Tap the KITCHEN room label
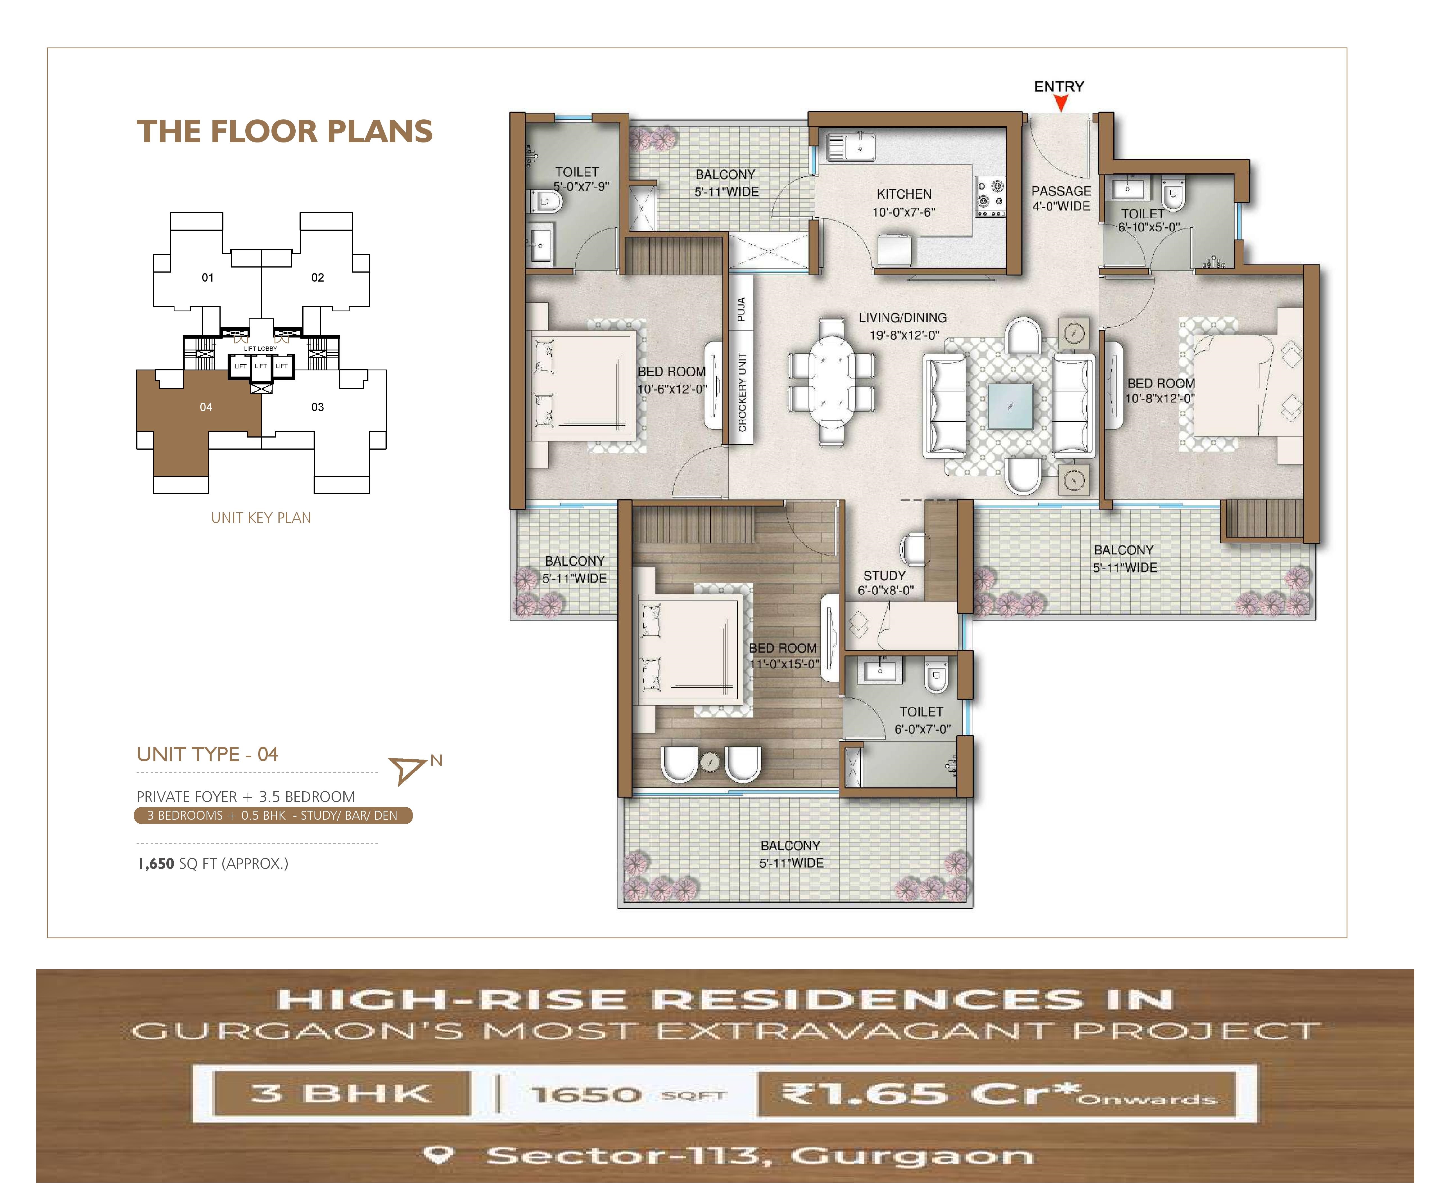[904, 194]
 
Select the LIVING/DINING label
[902, 318]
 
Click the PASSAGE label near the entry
[1061, 191]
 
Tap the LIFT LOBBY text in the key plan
[261, 348]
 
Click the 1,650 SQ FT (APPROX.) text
[213, 864]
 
